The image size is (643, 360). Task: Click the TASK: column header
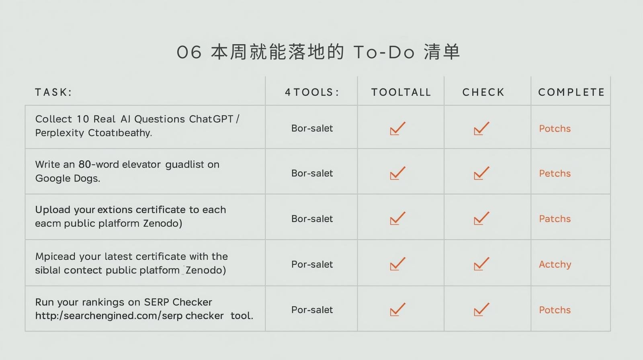click(53, 92)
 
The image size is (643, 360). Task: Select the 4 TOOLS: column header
click(312, 92)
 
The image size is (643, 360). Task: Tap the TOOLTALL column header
click(401, 92)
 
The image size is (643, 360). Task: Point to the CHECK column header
click(483, 92)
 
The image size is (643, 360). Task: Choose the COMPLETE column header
click(571, 92)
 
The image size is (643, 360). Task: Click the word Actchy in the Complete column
click(555, 264)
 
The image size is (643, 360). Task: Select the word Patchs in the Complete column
click(555, 219)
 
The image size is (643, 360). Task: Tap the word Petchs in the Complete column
click(555, 174)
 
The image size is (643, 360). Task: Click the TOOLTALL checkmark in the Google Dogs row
click(397, 173)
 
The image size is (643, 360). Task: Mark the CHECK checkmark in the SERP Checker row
click(481, 309)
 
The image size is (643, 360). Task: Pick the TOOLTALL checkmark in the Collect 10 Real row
click(397, 128)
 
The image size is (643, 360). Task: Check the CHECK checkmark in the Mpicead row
click(481, 264)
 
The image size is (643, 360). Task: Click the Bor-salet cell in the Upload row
click(312, 219)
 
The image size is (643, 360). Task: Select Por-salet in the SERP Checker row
click(312, 310)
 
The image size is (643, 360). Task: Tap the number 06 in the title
click(189, 53)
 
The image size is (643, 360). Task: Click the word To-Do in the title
click(384, 53)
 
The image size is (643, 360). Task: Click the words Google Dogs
click(68, 178)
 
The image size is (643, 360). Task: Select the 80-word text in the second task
click(98, 164)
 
